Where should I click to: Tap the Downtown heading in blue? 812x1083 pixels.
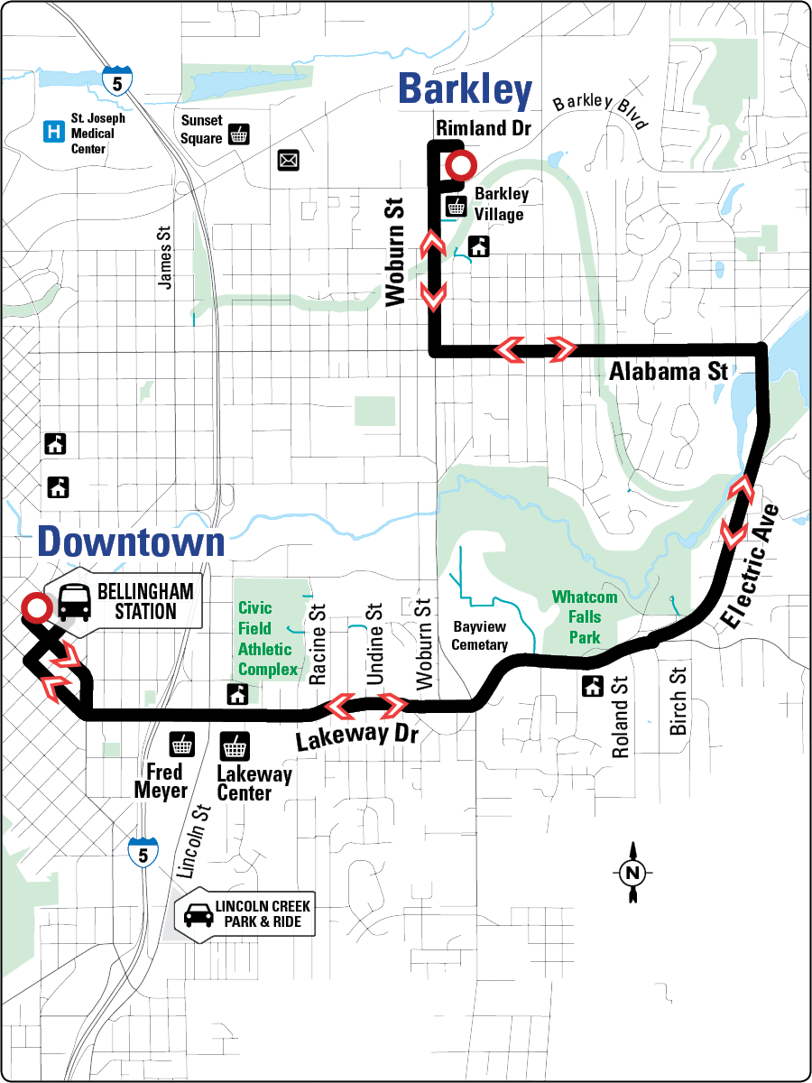pyautogui.click(x=131, y=541)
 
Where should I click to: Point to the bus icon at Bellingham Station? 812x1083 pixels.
pyautogui.click(x=75, y=602)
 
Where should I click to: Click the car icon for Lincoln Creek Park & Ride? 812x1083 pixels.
pyautogui.click(x=194, y=915)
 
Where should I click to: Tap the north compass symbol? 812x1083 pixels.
pyautogui.click(x=633, y=871)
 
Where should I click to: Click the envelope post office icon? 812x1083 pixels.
pyautogui.click(x=289, y=161)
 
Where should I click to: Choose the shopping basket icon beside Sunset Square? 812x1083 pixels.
pyautogui.click(x=239, y=134)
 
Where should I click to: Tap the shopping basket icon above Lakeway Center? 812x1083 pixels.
pyautogui.click(x=235, y=746)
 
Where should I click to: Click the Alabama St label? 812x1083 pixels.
pyautogui.click(x=668, y=371)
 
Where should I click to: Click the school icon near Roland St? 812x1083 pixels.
pyautogui.click(x=593, y=686)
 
